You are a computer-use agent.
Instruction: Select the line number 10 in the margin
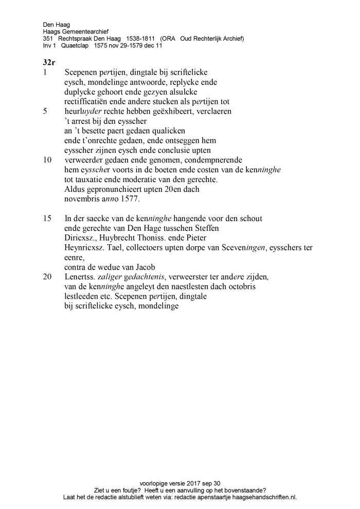(x=47, y=160)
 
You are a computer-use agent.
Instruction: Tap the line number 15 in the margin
(x=47, y=219)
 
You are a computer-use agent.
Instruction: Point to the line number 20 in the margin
(x=47, y=277)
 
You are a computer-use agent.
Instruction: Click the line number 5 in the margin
(x=45, y=111)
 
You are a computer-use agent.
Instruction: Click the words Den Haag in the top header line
(x=56, y=24)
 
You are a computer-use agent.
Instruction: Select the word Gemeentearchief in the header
(x=86, y=31)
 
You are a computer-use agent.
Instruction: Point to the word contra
(x=76, y=267)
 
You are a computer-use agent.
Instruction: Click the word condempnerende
(x=212, y=160)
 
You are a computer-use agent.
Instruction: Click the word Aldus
(x=75, y=189)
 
